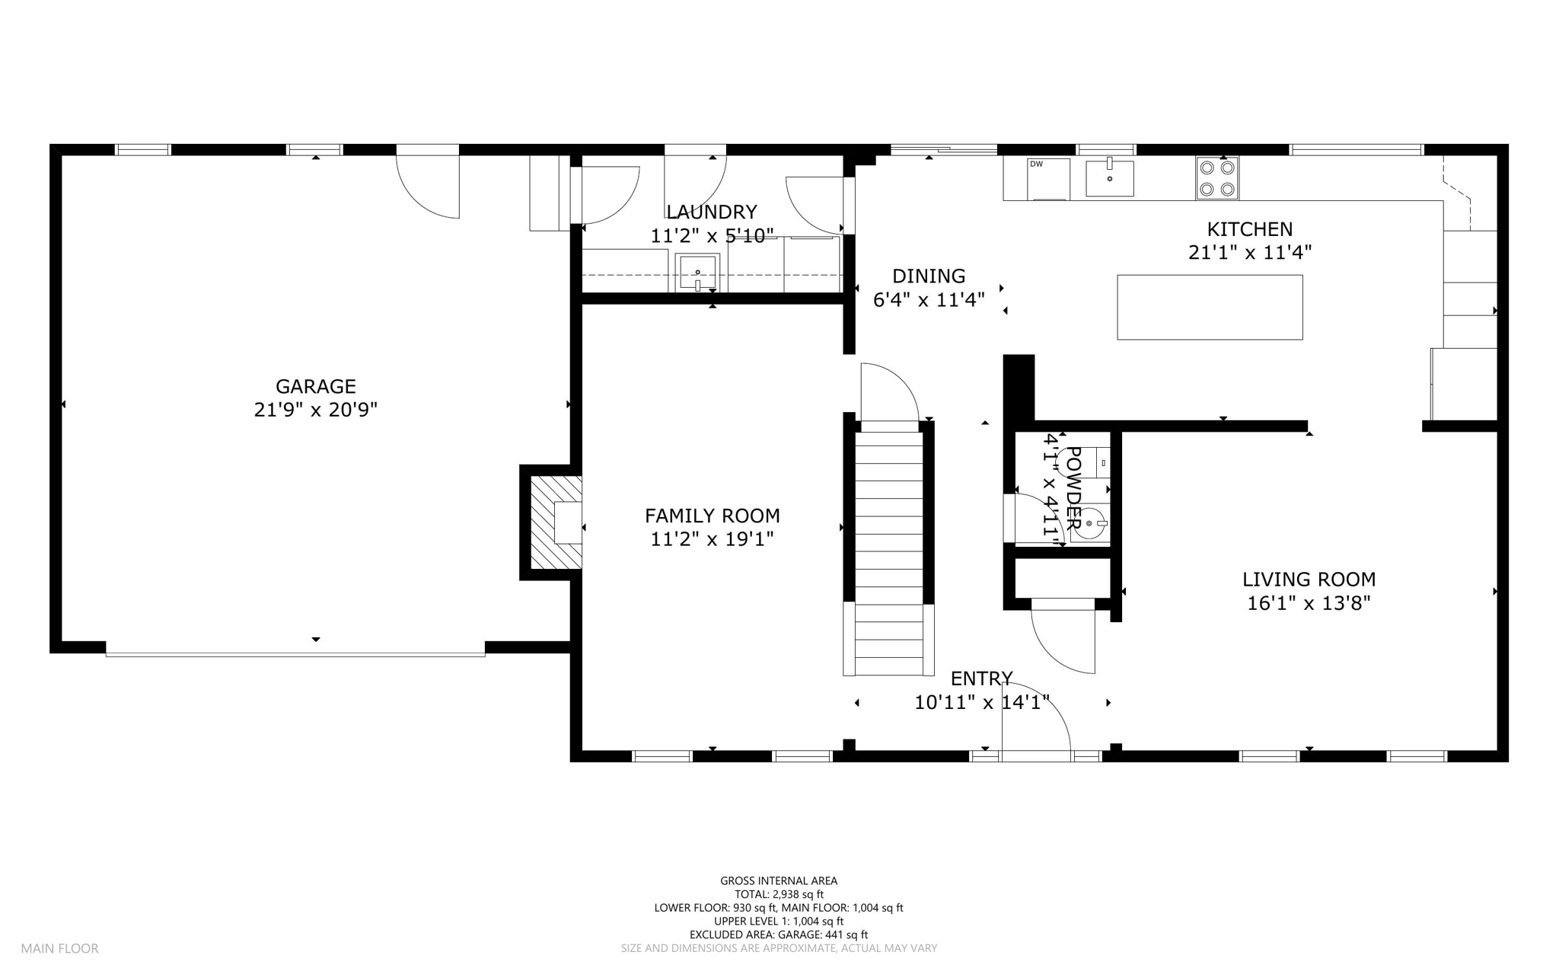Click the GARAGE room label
[x=315, y=386]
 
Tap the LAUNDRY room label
[x=712, y=212]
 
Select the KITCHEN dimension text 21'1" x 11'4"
[x=1250, y=252]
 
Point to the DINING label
[x=929, y=276]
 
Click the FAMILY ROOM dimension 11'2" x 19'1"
[x=712, y=539]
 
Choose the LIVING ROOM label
[x=1309, y=580]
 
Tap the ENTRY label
[x=981, y=679]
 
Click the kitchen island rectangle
[x=1210, y=307]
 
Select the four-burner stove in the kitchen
[x=1217, y=178]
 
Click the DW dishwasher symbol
[x=1048, y=179]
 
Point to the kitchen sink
[x=1109, y=177]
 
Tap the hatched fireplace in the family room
[x=556, y=522]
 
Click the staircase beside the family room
[x=888, y=554]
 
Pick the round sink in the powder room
[x=1090, y=524]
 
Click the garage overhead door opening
[x=295, y=653]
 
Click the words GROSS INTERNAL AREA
[x=779, y=881]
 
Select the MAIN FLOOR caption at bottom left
[x=59, y=949]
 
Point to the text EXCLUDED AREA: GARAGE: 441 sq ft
[x=779, y=935]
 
